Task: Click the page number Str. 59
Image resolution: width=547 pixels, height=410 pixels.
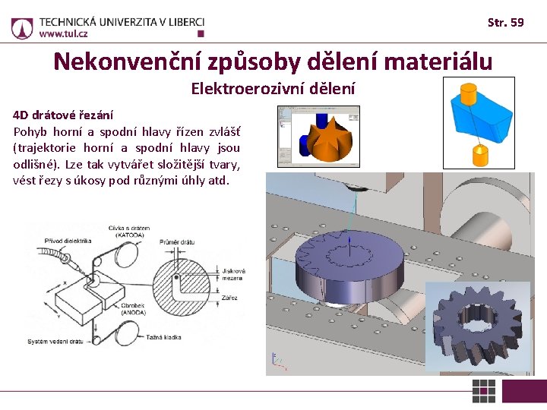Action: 505,23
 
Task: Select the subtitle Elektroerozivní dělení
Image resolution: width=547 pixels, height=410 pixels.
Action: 273,89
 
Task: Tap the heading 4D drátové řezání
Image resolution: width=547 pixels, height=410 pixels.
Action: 63,115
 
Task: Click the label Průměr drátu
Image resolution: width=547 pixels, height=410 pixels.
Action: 177,242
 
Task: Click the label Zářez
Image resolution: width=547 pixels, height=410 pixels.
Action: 229,298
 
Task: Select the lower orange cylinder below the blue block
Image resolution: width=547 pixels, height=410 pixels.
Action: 480,154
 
